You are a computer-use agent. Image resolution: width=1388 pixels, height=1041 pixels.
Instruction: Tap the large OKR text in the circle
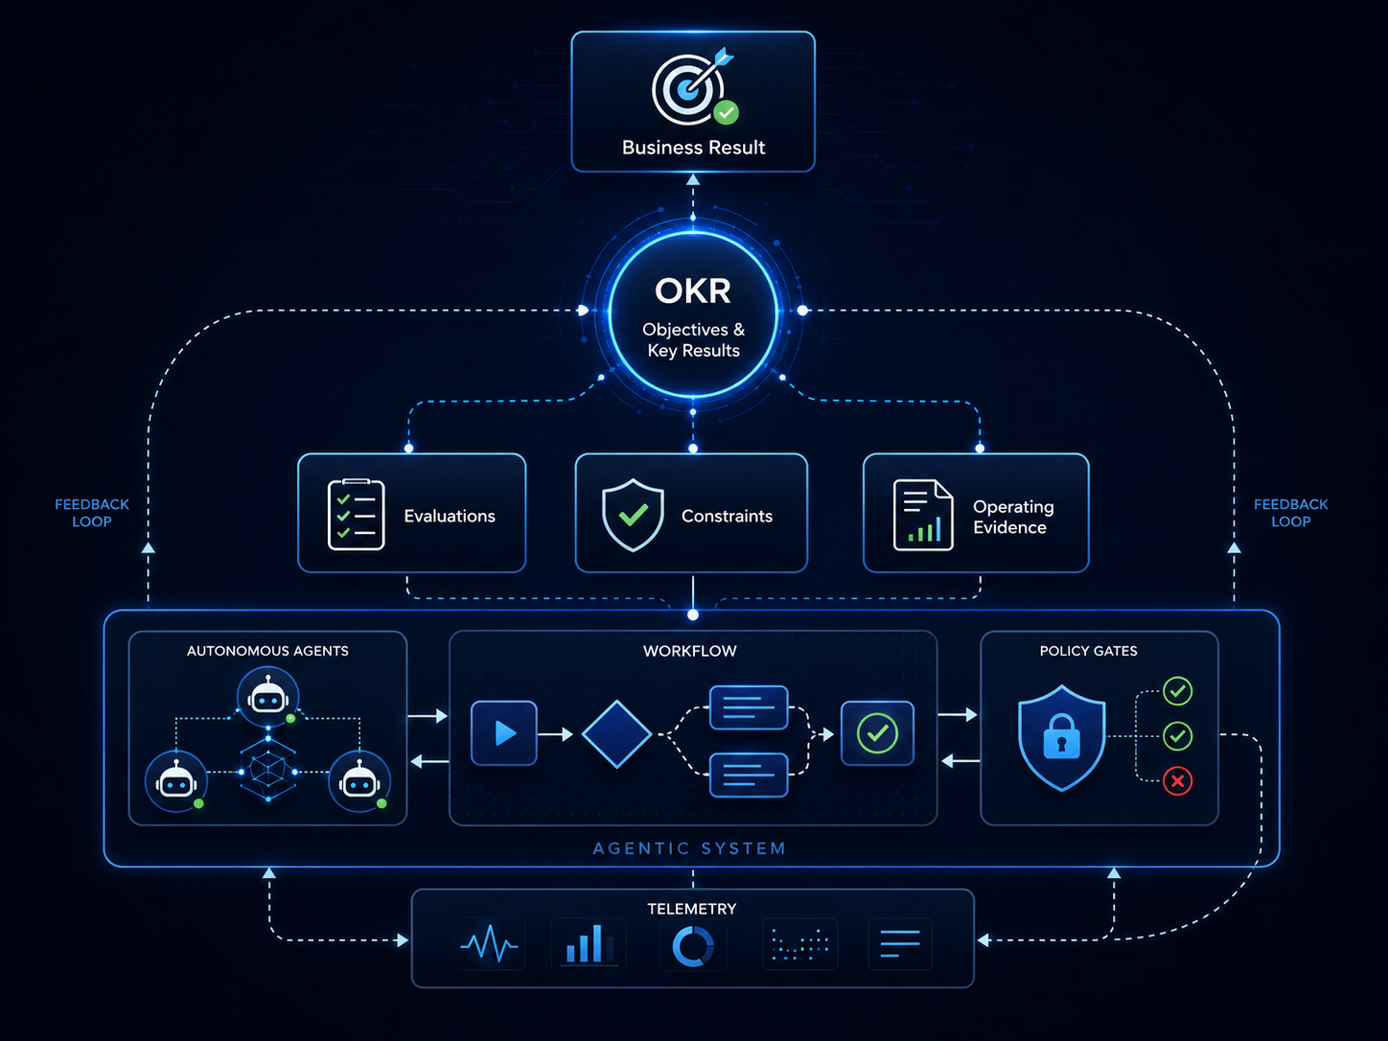pos(693,290)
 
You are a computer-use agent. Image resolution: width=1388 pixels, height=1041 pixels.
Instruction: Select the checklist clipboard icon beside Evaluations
pos(356,515)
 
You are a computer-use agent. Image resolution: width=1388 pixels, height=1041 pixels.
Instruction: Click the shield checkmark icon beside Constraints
pos(633,515)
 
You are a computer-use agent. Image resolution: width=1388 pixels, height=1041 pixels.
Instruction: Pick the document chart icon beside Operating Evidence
pos(922,515)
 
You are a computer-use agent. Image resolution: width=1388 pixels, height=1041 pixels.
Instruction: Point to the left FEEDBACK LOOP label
pos(92,513)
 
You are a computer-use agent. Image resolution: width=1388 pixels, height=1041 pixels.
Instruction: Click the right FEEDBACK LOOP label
pos(1290,513)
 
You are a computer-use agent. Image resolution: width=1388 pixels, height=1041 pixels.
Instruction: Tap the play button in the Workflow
pos(504,733)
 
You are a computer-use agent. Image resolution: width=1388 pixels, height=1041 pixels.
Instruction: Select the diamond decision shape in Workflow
pos(616,734)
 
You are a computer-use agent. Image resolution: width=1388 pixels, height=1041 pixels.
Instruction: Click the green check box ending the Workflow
pos(877,733)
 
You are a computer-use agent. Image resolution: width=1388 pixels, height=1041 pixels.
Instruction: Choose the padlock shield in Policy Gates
pos(1062,737)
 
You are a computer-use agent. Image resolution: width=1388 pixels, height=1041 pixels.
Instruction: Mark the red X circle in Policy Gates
pos(1177,781)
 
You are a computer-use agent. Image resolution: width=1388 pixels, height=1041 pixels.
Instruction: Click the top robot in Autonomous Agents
pos(268,697)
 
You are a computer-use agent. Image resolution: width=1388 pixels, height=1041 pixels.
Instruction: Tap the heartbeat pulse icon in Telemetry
pos(490,944)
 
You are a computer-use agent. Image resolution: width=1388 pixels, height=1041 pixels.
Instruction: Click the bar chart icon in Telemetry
pos(590,944)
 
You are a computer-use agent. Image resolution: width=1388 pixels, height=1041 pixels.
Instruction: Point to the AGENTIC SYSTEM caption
pos(689,848)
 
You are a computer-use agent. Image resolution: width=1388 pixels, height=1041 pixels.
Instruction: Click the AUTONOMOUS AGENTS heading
pos(267,651)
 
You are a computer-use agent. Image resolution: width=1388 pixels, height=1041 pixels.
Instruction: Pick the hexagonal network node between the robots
pos(268,771)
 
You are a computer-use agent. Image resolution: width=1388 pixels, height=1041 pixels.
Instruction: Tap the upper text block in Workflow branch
pos(749,707)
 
